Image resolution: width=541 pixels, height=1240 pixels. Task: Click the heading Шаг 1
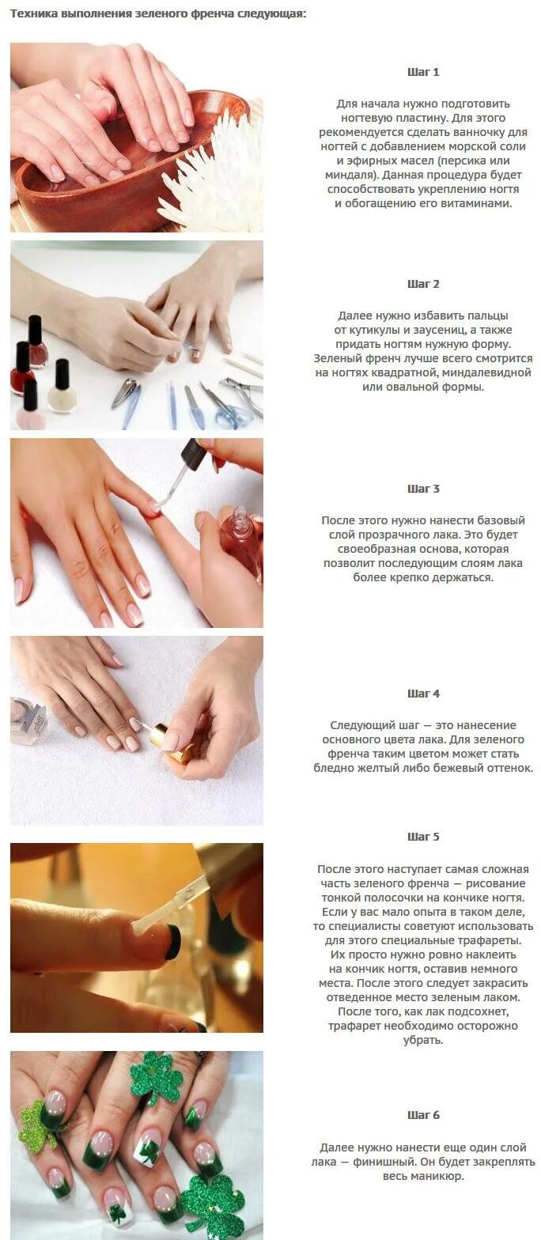423,72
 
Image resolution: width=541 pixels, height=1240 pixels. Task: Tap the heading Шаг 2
423,284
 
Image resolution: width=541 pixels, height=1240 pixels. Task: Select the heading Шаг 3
423,489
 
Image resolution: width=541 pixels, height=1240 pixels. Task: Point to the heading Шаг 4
423,694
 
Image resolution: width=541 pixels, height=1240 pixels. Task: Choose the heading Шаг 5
423,837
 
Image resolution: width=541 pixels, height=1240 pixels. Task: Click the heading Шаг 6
423,1115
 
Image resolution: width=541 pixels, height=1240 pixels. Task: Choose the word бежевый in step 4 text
452,769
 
